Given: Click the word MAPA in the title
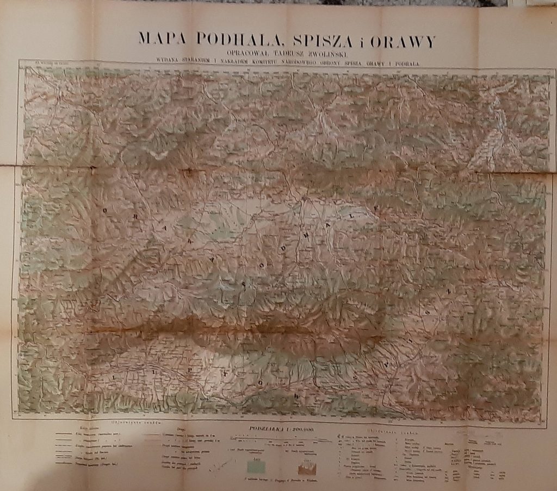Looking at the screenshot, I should [157, 40].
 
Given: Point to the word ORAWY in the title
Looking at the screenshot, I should [402, 40].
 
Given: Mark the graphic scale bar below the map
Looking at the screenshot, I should [282, 436].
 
